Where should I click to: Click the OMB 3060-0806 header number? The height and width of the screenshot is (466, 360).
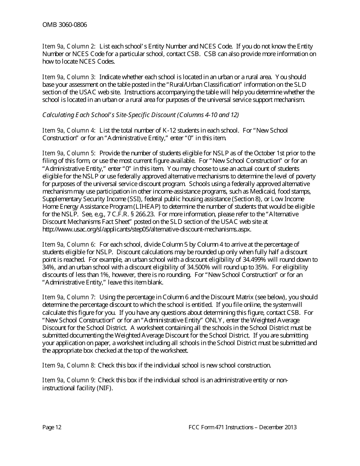click(64, 25)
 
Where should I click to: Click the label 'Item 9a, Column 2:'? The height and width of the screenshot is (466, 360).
click(69, 47)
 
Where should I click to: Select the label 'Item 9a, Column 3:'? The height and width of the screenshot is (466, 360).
click(69, 77)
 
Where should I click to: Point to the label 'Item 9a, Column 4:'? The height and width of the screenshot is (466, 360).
click(69, 131)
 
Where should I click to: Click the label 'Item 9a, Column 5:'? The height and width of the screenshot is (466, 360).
click(69, 153)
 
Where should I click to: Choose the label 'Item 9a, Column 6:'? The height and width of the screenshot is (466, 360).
click(69, 245)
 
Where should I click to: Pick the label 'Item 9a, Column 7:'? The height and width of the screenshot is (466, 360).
click(69, 297)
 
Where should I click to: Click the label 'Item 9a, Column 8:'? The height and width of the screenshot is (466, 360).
click(69, 366)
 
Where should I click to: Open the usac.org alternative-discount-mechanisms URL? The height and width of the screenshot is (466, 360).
click(147, 230)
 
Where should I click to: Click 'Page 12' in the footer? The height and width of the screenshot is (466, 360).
click(52, 427)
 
